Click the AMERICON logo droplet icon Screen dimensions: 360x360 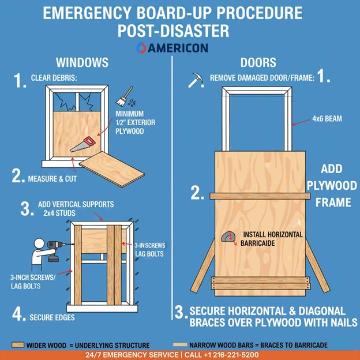coord(141,47)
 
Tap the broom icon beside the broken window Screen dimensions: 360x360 coord(124,96)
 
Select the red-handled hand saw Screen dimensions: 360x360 coord(82,144)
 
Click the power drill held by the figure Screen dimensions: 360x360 coord(56,250)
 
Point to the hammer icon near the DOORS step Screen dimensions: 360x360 coord(196,80)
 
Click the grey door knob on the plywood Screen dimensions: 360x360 coord(228,237)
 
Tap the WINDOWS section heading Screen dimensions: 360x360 coord(82,62)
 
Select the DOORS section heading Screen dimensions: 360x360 coord(258,62)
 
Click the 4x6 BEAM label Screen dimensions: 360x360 coord(327,119)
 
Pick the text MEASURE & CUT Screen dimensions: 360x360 coord(52,179)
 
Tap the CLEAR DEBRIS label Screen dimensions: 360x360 coord(54,78)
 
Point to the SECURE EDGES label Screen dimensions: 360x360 coord(52,317)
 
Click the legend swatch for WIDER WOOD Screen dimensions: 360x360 coord(18,344)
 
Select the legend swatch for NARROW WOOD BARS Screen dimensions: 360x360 coord(180,344)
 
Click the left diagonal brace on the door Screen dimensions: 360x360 coord(203,266)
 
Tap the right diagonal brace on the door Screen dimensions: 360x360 coord(318,266)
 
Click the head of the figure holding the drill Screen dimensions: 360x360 coord(39,243)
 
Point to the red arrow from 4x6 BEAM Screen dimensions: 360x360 coord(301,122)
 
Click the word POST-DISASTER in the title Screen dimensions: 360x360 coord(173,31)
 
